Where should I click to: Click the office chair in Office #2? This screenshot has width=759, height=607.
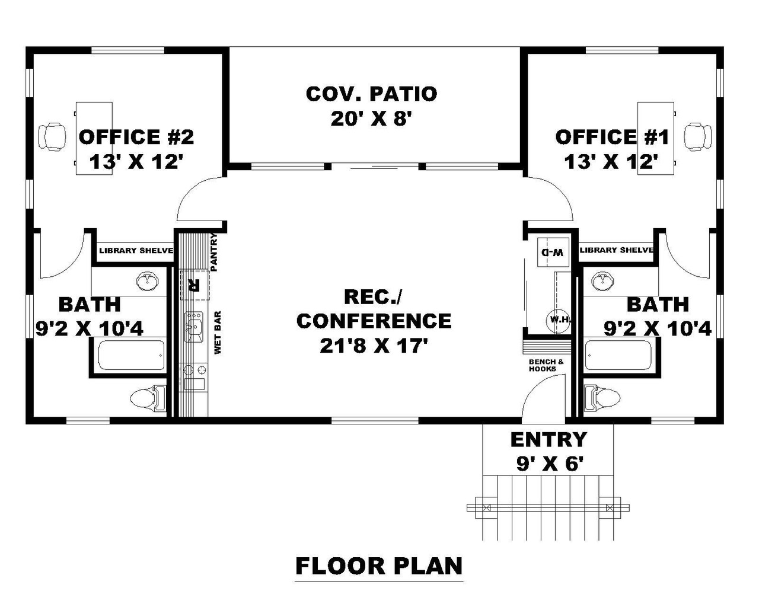52,136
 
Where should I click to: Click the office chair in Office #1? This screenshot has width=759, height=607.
697,136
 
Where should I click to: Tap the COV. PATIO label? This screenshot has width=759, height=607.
371,94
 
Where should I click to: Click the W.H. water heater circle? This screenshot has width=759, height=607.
559,320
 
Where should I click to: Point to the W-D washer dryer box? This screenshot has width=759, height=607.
552,252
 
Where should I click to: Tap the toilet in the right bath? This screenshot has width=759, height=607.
601,397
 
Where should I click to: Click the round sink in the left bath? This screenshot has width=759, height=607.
147,282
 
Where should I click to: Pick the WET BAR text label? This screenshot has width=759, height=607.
218,333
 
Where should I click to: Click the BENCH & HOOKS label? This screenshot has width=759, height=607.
543,365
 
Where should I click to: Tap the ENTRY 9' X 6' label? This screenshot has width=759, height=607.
548,451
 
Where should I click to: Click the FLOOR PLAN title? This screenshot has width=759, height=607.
379,566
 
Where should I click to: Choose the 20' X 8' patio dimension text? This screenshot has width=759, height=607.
371,119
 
